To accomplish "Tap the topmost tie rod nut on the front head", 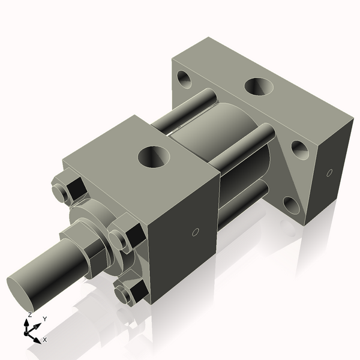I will [71, 187].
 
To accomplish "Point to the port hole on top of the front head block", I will [154, 157].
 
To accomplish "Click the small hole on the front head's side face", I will [194, 232].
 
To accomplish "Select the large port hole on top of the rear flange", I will [260, 87].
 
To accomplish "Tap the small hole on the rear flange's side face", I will [329, 173].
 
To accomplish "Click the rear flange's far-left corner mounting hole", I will [184, 78].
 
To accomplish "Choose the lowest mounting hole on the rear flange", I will [292, 205].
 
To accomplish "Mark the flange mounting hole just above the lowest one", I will [300, 149].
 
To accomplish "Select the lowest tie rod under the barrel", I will [240, 204].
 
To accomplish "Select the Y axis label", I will [44, 319].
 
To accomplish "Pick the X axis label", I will [44, 340].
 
